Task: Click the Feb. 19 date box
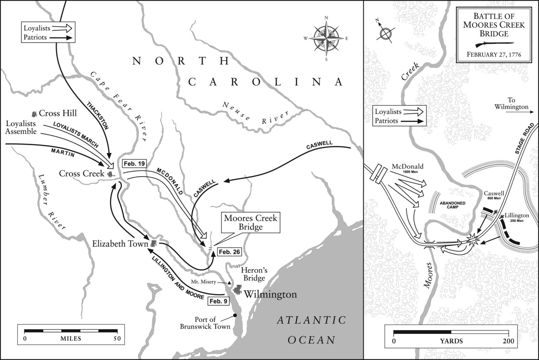point(134,164)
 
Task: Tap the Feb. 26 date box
point(229,252)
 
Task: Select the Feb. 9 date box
point(219,301)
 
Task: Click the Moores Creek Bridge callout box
point(251,223)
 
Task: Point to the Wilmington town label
point(270,294)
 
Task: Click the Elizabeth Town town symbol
point(153,243)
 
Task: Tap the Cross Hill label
point(57,113)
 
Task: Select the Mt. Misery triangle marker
point(229,282)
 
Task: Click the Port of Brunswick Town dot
point(235,315)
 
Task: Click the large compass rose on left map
point(326,38)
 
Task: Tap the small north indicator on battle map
point(385,34)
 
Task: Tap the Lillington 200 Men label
point(517,217)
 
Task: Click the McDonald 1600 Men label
point(407,169)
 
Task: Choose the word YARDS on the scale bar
point(451,341)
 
